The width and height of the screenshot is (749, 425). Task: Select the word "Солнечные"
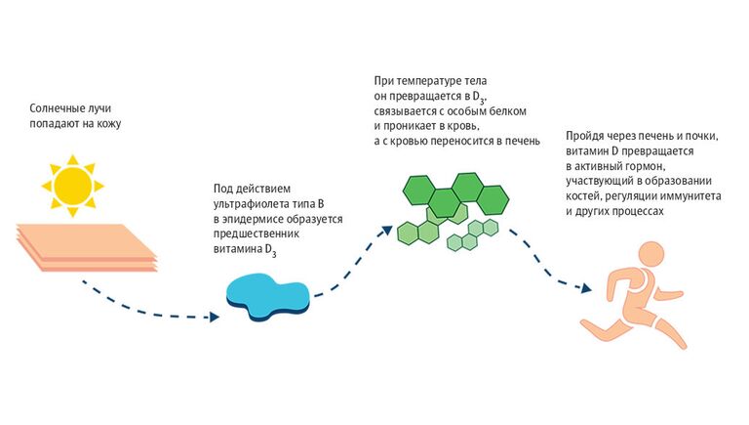pos(58,108)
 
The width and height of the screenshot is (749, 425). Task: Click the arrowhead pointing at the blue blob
pos(217,317)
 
